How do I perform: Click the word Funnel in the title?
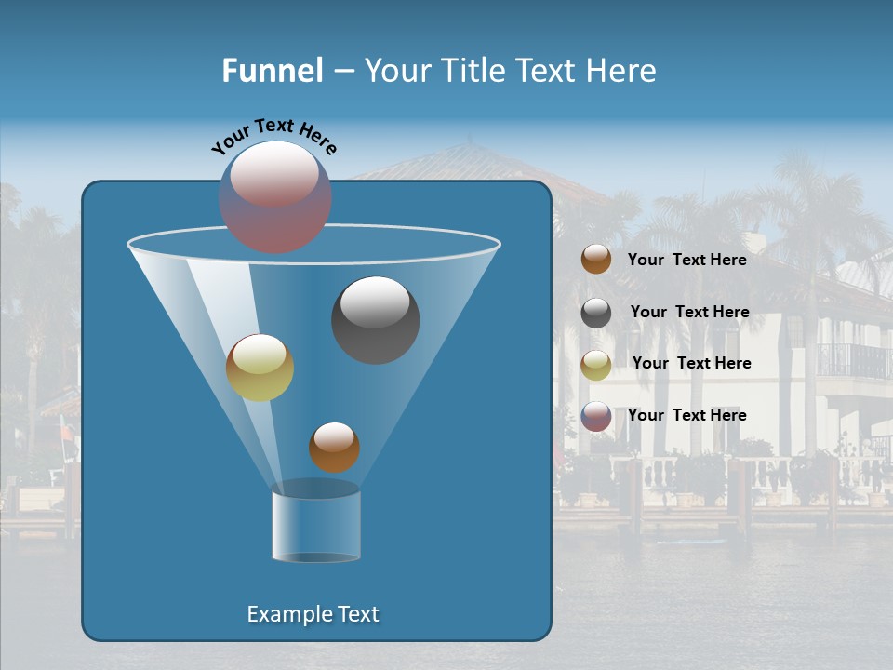(x=272, y=71)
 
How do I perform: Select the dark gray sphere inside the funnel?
(x=375, y=319)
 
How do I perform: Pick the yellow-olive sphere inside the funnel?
(x=260, y=368)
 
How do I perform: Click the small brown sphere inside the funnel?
(x=334, y=447)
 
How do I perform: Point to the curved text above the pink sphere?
(x=274, y=135)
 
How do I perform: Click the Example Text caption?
(x=313, y=614)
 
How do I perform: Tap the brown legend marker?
(x=596, y=260)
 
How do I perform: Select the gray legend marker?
(x=596, y=313)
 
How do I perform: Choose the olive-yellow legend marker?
(x=596, y=365)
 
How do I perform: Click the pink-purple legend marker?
(x=596, y=416)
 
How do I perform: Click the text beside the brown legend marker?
(x=686, y=260)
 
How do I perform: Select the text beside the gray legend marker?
(x=689, y=312)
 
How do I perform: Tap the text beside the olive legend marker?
(x=691, y=363)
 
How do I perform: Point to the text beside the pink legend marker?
(x=686, y=415)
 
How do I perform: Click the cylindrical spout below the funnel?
(x=315, y=526)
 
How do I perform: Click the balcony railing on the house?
(x=851, y=360)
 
